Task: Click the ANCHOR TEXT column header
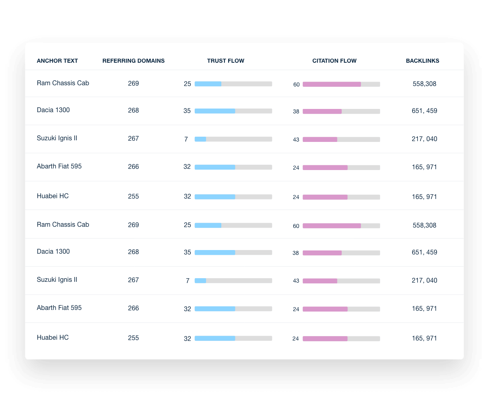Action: pyautogui.click(x=57, y=61)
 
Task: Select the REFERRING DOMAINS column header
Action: pyautogui.click(x=133, y=61)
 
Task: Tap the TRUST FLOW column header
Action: pyautogui.click(x=225, y=61)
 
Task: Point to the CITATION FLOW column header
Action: pyautogui.click(x=334, y=61)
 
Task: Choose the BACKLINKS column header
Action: pyautogui.click(x=422, y=61)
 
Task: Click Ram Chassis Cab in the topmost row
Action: pyautogui.click(x=63, y=83)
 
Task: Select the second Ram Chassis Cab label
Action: pyautogui.click(x=63, y=225)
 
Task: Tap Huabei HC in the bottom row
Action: pyautogui.click(x=53, y=338)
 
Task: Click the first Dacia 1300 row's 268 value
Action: pyautogui.click(x=133, y=111)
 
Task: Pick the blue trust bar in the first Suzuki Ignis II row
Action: pyautogui.click(x=200, y=139)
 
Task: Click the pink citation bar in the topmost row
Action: pyautogui.click(x=332, y=84)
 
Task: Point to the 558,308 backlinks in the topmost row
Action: pyautogui.click(x=424, y=84)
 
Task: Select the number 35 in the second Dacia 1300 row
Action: pyautogui.click(x=187, y=252)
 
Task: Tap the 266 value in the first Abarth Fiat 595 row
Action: pyautogui.click(x=133, y=167)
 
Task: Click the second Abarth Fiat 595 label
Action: pyautogui.click(x=59, y=308)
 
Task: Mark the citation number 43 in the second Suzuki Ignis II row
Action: pyautogui.click(x=296, y=281)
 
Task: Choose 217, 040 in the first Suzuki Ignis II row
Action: pyautogui.click(x=424, y=139)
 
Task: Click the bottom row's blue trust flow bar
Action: pyautogui.click(x=215, y=338)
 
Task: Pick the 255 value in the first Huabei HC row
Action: pyautogui.click(x=133, y=197)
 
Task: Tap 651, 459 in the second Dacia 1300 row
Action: pyautogui.click(x=424, y=252)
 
